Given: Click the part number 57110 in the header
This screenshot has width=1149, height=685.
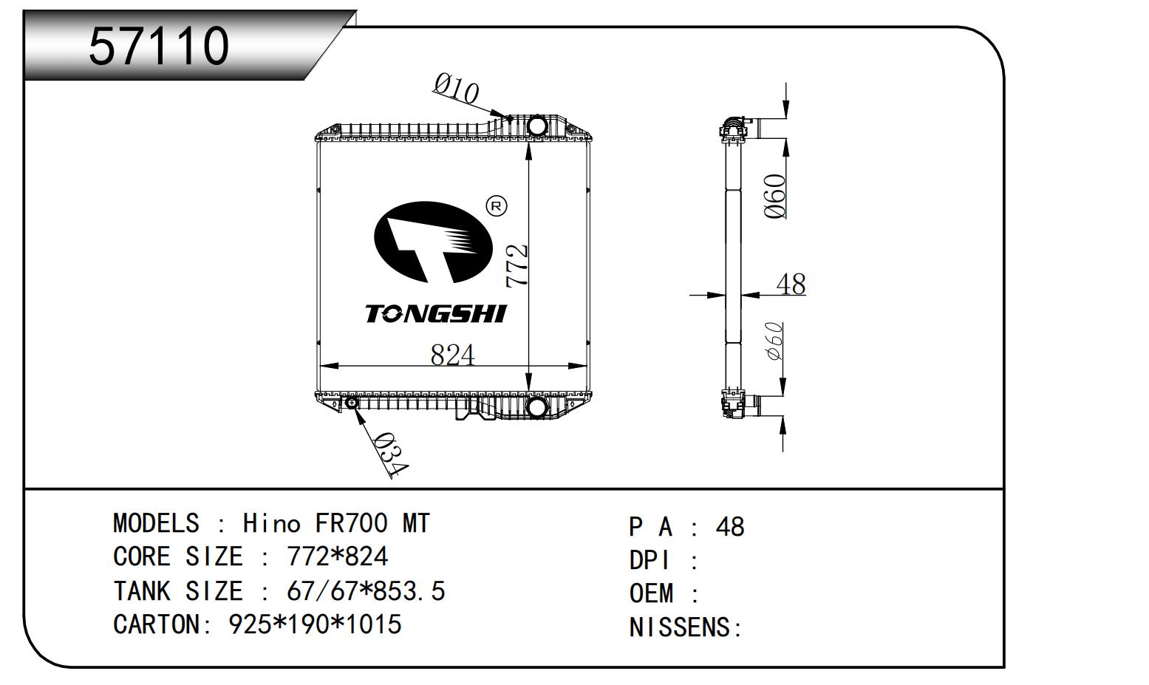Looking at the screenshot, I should (159, 46).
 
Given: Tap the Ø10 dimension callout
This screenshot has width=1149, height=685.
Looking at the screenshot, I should (456, 89).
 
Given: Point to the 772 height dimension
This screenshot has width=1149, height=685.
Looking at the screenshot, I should (517, 265).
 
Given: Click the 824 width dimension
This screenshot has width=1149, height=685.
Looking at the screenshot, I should (452, 355).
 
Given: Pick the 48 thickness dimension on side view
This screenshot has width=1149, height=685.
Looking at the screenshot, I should (791, 284).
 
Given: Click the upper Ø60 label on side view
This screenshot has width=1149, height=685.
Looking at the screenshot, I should (774, 196).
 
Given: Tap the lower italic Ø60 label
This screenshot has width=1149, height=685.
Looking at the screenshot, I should (774, 341).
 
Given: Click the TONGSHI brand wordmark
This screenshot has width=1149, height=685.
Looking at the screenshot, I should (436, 314).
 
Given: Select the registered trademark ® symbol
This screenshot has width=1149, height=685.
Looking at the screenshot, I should (496, 206).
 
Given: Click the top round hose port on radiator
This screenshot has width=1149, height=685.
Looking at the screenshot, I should (537, 126).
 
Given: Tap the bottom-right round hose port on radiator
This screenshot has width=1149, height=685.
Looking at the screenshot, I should (536, 407).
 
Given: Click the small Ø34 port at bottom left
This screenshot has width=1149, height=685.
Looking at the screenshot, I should (352, 403).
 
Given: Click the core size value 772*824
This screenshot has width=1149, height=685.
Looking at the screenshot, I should (337, 557).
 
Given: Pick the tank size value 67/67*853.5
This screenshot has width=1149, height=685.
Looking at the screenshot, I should (365, 591).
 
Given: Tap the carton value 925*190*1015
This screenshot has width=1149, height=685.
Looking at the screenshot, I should (316, 625).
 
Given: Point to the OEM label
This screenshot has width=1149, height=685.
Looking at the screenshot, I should (652, 593).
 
